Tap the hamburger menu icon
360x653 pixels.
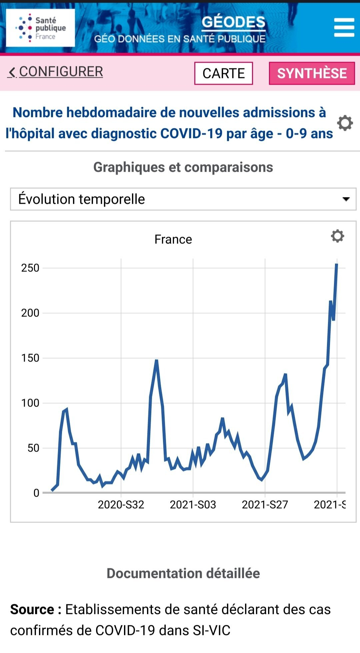[344, 27]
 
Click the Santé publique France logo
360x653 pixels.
[40, 28]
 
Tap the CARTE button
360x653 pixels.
[224, 73]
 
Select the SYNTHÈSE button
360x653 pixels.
[312, 73]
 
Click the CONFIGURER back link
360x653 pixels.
[56, 72]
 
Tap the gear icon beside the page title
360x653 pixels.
[345, 123]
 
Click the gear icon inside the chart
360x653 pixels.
[337, 236]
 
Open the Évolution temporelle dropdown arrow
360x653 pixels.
[346, 199]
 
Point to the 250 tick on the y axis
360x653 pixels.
[30, 268]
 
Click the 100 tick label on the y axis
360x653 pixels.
[30, 403]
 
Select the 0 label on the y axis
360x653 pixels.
[36, 493]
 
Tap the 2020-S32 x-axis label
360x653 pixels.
[121, 505]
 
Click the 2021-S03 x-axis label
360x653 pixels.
[193, 505]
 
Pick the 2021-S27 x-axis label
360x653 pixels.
[265, 505]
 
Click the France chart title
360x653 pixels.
[173, 239]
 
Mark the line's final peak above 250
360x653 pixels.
[337, 264]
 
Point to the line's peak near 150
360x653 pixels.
[156, 361]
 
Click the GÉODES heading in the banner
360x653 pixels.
[233, 22]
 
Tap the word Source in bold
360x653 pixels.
[32, 609]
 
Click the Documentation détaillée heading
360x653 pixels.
[183, 573]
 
